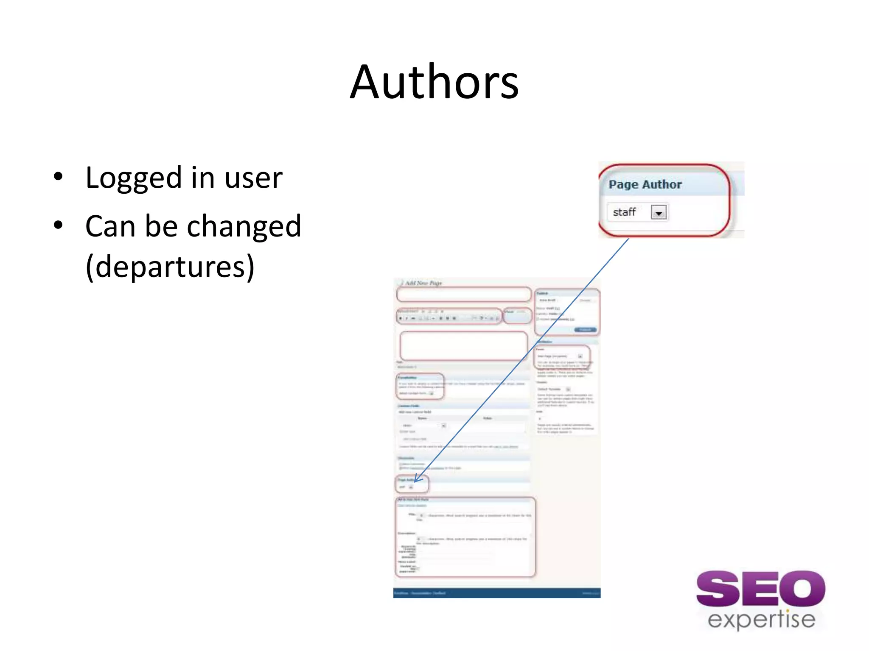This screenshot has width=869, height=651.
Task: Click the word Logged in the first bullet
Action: coord(133,178)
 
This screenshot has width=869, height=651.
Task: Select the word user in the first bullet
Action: coord(253,178)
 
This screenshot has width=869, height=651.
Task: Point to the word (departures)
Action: coord(170,267)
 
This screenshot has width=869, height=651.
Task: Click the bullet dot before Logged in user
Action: coord(58,177)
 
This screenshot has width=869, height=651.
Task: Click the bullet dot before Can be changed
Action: coord(58,225)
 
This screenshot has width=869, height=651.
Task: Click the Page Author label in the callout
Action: coord(645,184)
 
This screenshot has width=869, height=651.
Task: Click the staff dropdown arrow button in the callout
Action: coord(659,212)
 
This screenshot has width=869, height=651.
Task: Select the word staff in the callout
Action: coord(624,212)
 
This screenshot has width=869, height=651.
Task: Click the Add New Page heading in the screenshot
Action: coord(423,283)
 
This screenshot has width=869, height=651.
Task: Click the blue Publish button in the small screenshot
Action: coord(585,330)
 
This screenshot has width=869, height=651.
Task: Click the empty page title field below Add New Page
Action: coord(463,294)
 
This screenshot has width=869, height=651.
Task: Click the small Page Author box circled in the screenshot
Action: coord(412,484)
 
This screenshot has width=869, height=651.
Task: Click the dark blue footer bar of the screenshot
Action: coord(496,593)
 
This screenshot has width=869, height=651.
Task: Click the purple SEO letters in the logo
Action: coord(760,589)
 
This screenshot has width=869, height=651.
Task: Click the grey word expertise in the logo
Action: coord(761,620)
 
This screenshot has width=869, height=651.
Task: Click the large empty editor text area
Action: coord(463,346)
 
